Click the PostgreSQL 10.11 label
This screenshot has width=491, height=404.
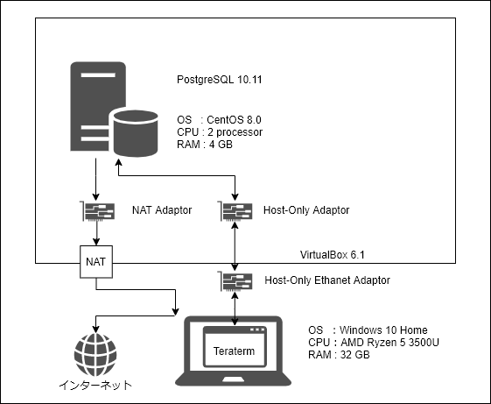(x=219, y=80)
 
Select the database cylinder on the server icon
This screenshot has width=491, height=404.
(x=136, y=133)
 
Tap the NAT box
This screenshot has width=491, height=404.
(x=96, y=262)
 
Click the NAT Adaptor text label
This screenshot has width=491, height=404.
(x=162, y=209)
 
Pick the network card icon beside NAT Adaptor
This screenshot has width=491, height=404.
(x=98, y=211)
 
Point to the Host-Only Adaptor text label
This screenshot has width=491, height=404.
(x=306, y=209)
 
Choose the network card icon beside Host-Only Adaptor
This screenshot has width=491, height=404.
(x=235, y=211)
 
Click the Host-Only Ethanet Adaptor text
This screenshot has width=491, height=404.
(x=327, y=280)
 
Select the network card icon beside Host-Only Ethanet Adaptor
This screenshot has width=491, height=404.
(x=235, y=281)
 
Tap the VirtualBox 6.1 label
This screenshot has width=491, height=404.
(x=333, y=255)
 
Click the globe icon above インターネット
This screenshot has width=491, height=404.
(x=95, y=354)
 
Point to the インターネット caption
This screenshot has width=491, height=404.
(x=95, y=385)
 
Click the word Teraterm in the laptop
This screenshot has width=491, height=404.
(x=234, y=351)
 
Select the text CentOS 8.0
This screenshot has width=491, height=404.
(x=234, y=120)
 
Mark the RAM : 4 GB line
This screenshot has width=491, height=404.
(x=205, y=145)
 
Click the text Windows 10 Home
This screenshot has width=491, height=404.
(x=383, y=330)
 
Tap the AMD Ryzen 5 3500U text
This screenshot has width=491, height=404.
(x=389, y=342)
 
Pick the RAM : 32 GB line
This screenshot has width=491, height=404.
(x=339, y=355)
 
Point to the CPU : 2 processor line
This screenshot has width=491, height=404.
(x=220, y=132)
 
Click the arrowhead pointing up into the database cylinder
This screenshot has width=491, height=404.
(x=118, y=162)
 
